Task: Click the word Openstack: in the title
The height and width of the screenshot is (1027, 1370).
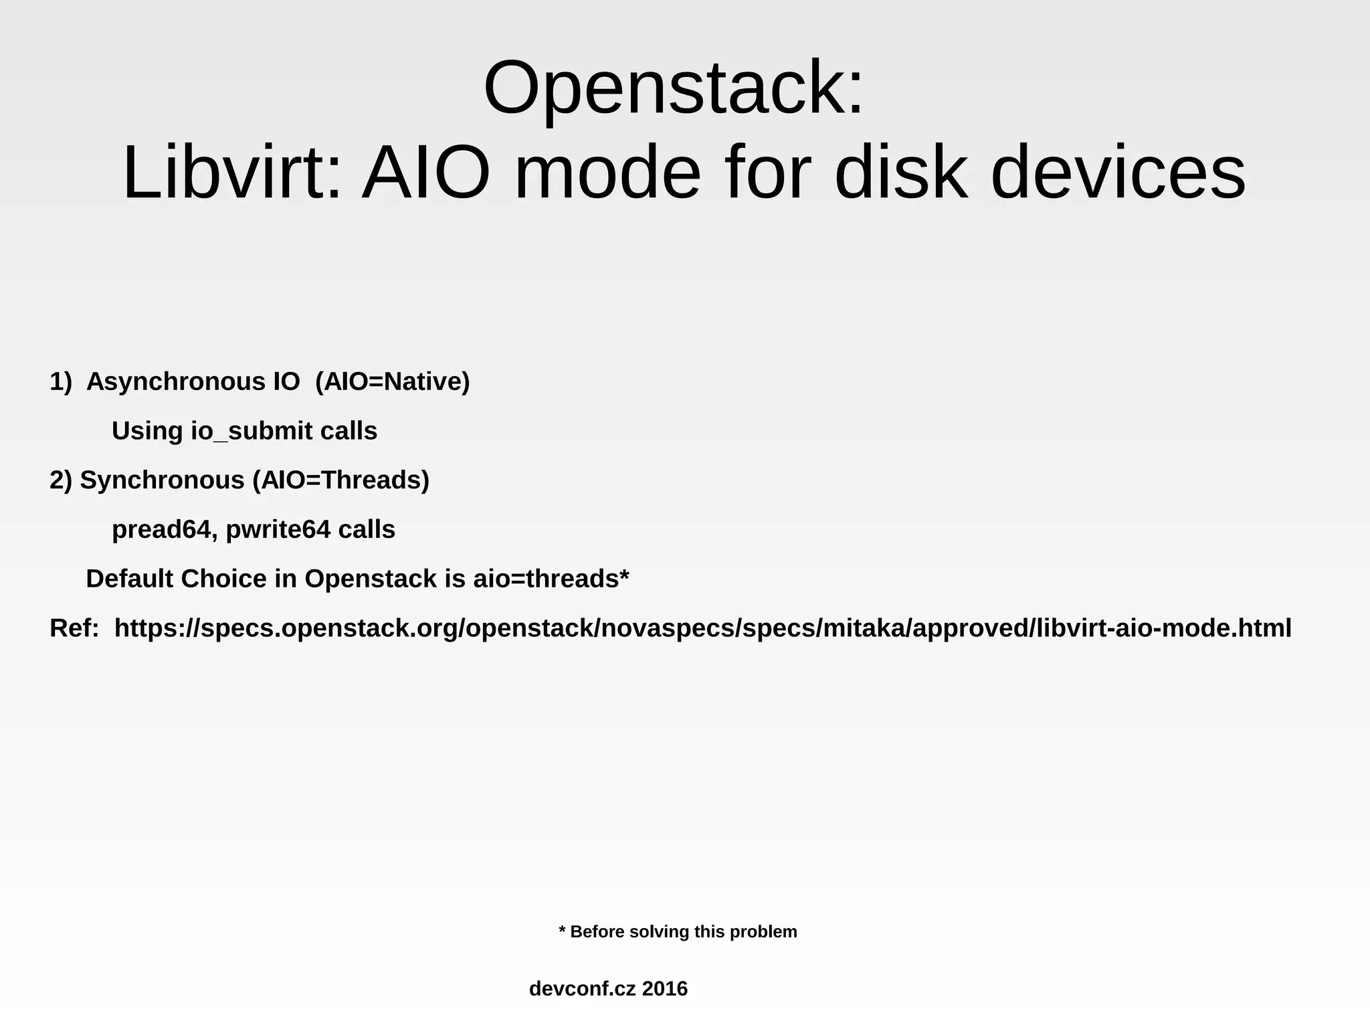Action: (674, 90)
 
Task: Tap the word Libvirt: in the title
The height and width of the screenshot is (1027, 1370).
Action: (231, 173)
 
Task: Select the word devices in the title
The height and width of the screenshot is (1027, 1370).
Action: (1117, 173)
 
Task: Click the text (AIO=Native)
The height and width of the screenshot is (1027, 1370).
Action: (393, 382)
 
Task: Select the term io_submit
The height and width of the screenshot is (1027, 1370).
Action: (252, 432)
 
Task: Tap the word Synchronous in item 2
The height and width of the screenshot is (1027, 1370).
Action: (163, 480)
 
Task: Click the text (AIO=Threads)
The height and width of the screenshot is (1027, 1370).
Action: (341, 480)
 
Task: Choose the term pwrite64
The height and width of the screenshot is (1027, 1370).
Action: (278, 530)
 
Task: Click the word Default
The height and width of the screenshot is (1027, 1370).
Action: (130, 579)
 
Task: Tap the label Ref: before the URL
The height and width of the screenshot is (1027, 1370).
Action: (74, 628)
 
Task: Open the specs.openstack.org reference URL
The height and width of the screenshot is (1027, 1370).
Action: (702, 628)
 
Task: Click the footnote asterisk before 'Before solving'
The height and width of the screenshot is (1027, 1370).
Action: (563, 931)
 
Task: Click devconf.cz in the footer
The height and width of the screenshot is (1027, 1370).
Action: (582, 989)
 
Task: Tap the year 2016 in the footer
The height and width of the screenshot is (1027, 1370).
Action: (664, 989)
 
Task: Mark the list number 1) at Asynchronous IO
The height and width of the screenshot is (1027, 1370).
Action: (60, 382)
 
